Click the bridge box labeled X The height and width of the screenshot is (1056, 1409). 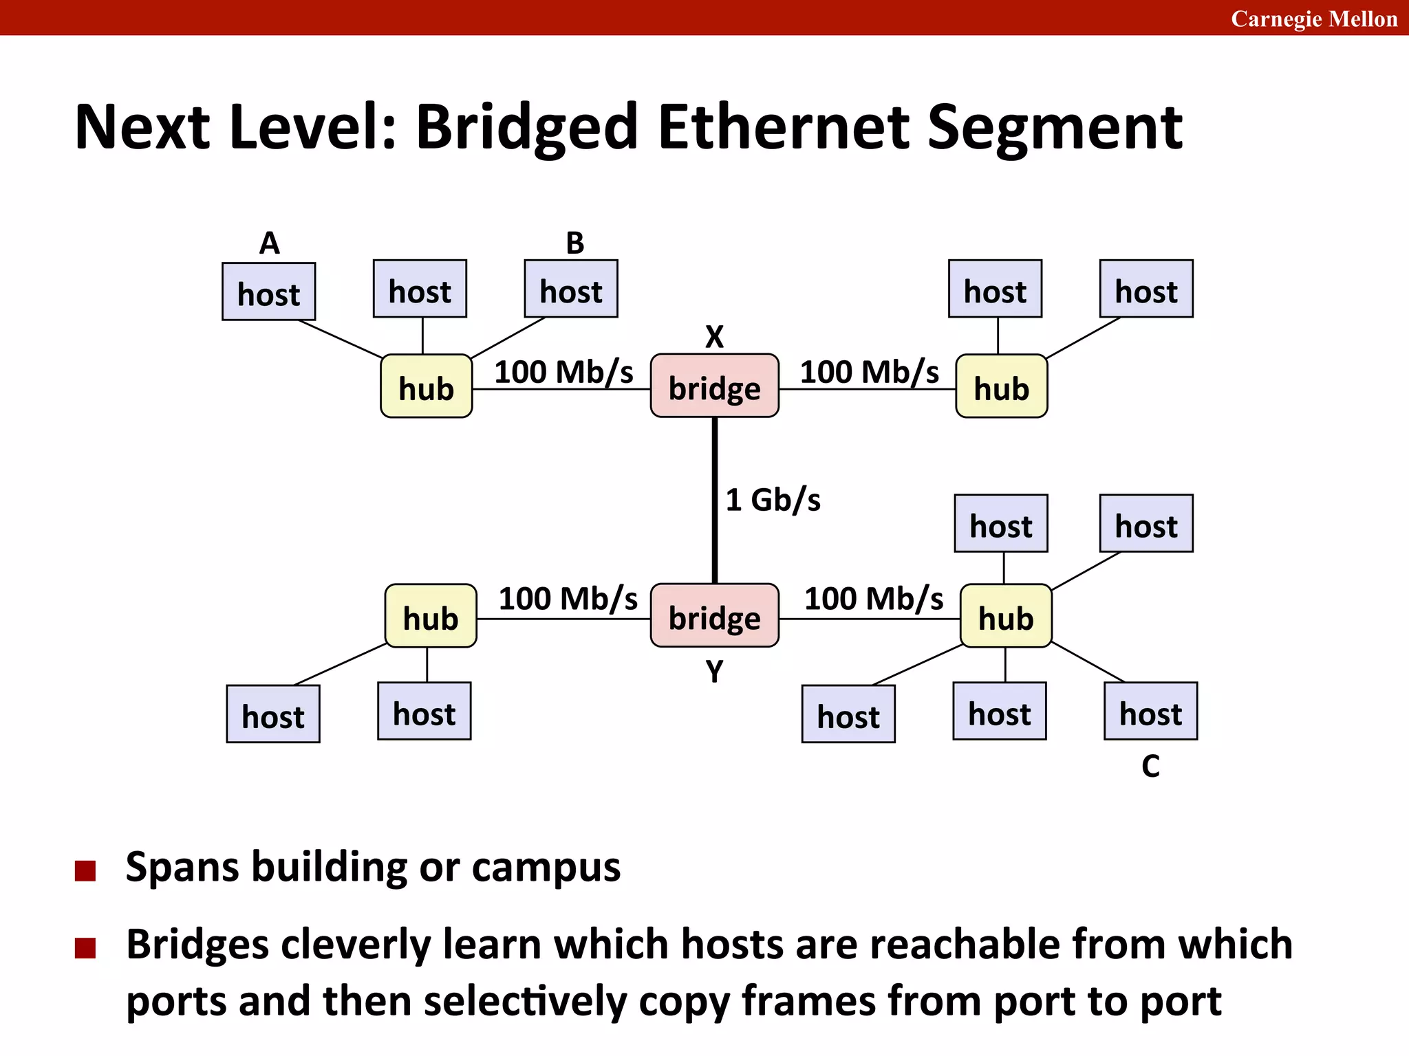(x=714, y=386)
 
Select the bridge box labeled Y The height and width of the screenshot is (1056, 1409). (x=714, y=616)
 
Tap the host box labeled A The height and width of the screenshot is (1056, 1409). (x=268, y=292)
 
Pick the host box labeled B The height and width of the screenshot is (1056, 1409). (x=570, y=289)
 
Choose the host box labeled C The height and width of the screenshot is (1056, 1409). (x=1150, y=712)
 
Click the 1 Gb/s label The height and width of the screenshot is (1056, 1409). (x=773, y=500)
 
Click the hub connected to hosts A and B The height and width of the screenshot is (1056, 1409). (x=426, y=386)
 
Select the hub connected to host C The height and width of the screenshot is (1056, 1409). (x=1006, y=616)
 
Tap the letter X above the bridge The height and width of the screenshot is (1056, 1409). (x=714, y=337)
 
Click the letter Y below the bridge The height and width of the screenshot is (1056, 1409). (x=714, y=671)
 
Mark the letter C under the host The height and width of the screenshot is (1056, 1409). (x=1150, y=766)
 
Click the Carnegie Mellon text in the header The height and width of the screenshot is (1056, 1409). (x=1313, y=19)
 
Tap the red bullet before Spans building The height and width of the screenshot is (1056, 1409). (x=85, y=870)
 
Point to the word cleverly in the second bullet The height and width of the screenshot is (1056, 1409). (x=356, y=945)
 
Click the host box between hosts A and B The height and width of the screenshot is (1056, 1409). (x=420, y=289)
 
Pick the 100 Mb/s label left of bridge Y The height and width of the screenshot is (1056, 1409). (x=568, y=598)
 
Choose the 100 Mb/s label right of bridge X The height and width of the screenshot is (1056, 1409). (x=869, y=372)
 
